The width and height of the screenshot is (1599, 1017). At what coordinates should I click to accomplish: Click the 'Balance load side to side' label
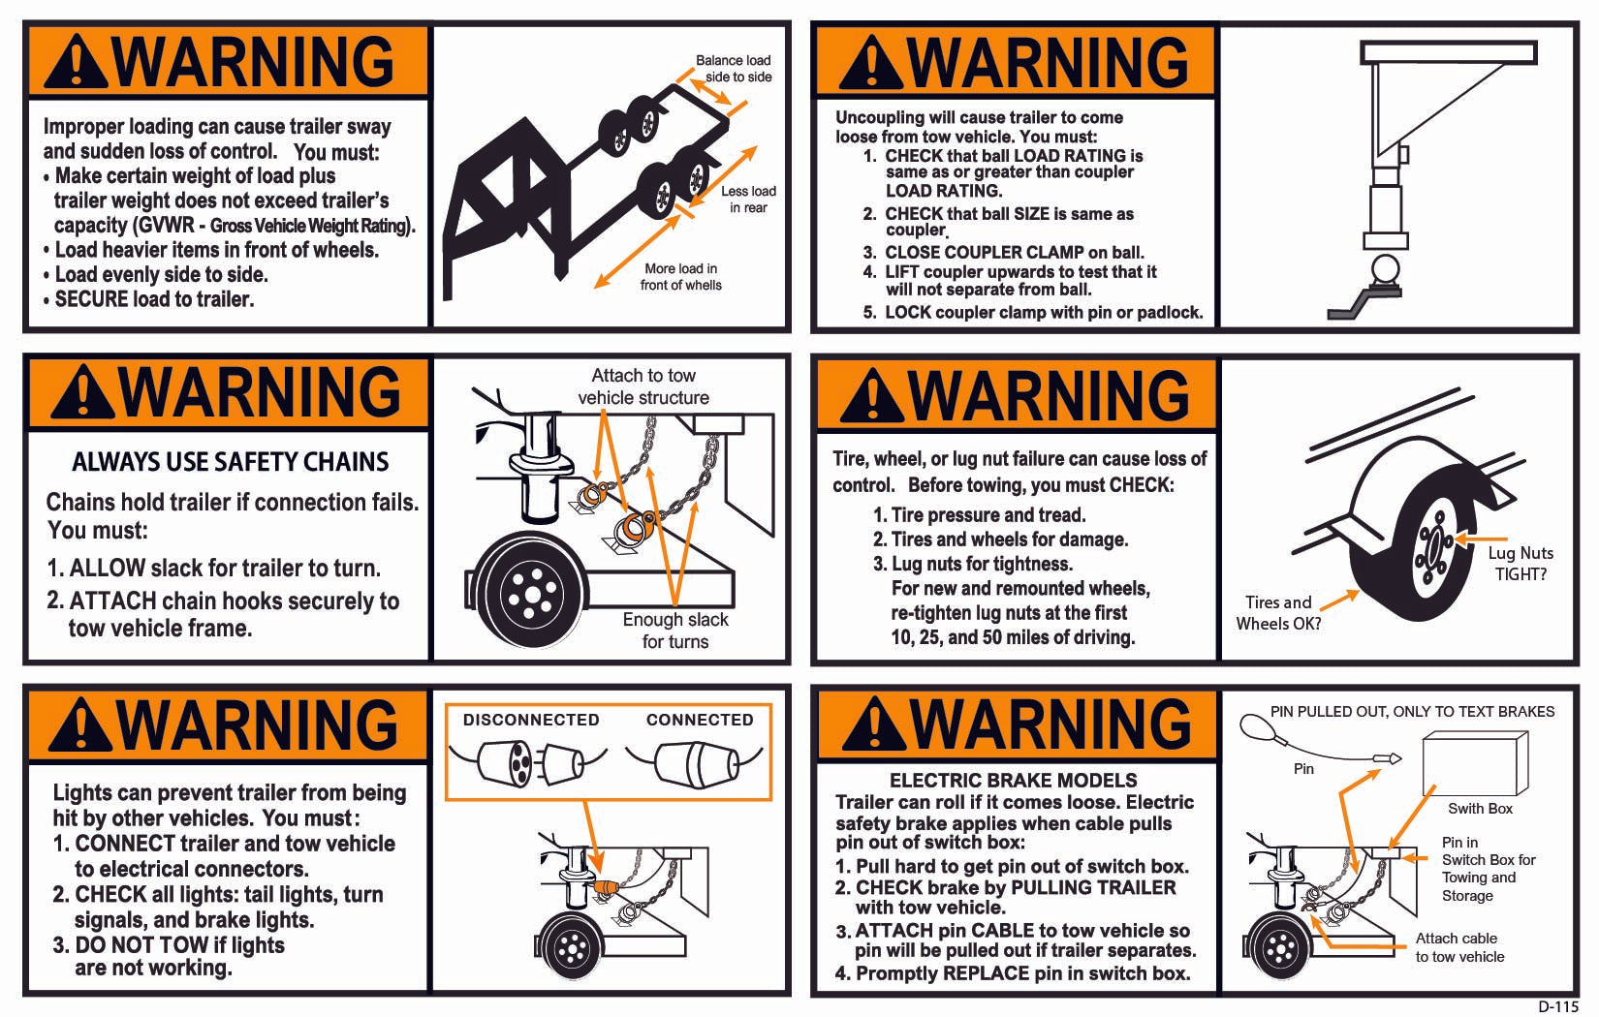pyautogui.click(x=734, y=69)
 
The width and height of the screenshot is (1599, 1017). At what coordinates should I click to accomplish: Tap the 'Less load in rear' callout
pyautogui.click(x=748, y=200)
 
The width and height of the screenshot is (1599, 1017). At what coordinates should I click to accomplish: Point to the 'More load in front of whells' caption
pyautogui.click(x=681, y=277)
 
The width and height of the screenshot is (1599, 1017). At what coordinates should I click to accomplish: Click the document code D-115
pyautogui.click(x=1558, y=1006)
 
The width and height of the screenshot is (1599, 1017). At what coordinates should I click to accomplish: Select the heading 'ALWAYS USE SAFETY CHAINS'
pyautogui.click(x=231, y=462)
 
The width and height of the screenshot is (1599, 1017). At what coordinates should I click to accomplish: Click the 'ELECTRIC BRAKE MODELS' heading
pyautogui.click(x=1013, y=780)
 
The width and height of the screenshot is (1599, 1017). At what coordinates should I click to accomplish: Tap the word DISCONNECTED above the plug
pyautogui.click(x=531, y=720)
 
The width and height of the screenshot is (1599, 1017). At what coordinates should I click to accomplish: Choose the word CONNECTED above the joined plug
pyautogui.click(x=700, y=720)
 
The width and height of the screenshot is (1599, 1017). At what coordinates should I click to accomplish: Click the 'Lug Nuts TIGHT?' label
pyautogui.click(x=1521, y=563)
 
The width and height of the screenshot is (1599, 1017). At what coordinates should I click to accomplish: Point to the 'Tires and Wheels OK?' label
pyautogui.click(x=1278, y=612)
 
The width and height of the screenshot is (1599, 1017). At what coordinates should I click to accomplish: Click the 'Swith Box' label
pyautogui.click(x=1480, y=809)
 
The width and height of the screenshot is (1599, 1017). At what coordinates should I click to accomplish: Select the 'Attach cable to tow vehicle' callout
pyautogui.click(x=1459, y=947)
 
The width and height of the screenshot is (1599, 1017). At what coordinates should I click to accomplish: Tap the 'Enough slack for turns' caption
pyautogui.click(x=675, y=631)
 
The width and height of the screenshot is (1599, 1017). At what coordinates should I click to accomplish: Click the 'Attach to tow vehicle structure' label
pyautogui.click(x=643, y=386)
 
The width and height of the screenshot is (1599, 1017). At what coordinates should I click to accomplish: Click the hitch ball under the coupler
pyautogui.click(x=1385, y=271)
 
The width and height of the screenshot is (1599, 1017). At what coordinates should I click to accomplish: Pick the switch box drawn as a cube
pyautogui.click(x=1475, y=762)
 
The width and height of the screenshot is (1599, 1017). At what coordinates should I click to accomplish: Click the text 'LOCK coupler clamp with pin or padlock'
pyautogui.click(x=1044, y=312)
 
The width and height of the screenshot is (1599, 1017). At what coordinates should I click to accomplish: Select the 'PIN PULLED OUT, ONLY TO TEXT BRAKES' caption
pyautogui.click(x=1412, y=712)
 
